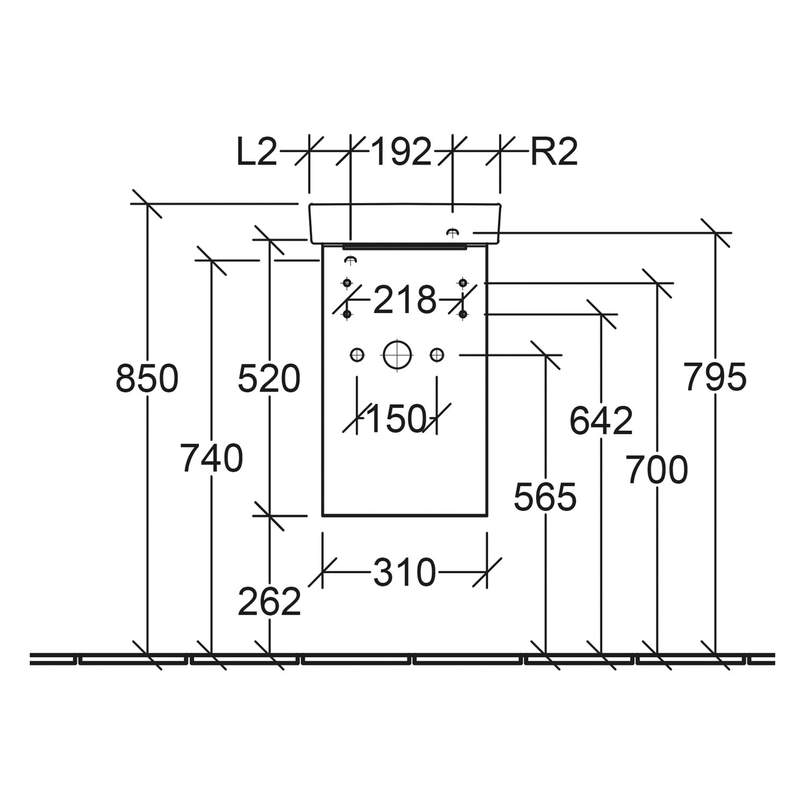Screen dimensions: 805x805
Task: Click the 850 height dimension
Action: tap(147, 378)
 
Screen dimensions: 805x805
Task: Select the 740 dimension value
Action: tap(211, 458)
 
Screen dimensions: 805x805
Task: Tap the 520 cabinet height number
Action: tap(269, 378)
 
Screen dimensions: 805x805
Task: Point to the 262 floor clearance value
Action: tap(269, 602)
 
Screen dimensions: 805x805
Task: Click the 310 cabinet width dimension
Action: tap(405, 573)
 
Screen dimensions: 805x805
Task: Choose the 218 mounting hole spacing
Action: tap(405, 300)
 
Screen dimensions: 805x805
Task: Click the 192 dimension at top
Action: tap(401, 152)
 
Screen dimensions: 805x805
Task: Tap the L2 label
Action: tap(257, 152)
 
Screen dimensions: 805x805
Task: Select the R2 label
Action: tap(554, 152)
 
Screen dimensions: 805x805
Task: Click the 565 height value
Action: tap(545, 497)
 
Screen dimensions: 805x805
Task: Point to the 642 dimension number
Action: tap(601, 421)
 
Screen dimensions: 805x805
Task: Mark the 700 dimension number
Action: tap(657, 470)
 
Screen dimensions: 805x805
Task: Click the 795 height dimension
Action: tap(715, 377)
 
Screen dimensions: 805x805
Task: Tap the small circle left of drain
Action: tap(357, 355)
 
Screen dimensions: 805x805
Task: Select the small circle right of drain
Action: tap(437, 355)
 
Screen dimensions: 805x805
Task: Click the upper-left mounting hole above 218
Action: tap(347, 282)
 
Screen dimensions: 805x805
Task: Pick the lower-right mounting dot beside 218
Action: tap(463, 314)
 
